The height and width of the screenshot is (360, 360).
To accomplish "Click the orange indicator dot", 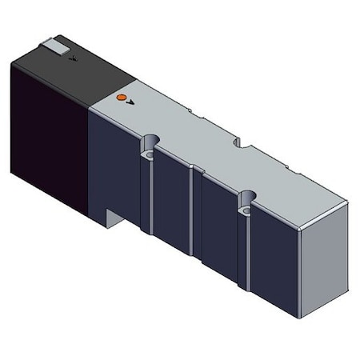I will tap(121, 97).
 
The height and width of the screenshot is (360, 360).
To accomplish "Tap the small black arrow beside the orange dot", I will tap(130, 102).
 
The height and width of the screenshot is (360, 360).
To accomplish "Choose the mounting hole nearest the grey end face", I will tap(247, 197).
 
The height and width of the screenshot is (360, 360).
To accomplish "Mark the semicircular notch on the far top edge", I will tap(238, 142).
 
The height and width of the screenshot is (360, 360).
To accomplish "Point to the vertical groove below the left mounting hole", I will tap(147, 196).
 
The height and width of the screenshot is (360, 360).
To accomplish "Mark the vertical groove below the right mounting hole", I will tap(245, 244).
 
